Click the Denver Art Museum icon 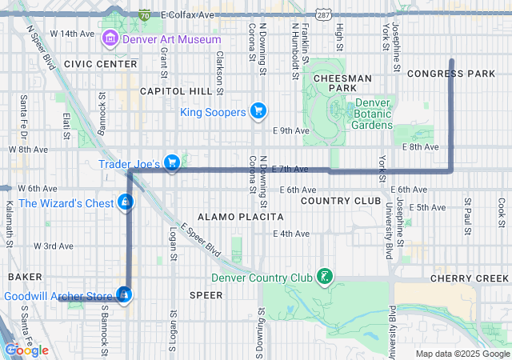110,38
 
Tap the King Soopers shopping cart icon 258,111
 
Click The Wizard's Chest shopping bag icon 124,203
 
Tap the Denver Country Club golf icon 325,278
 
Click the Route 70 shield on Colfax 144,14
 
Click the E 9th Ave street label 290,130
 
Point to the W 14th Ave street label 72,34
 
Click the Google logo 26,350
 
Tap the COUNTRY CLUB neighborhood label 341,200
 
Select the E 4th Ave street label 290,234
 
